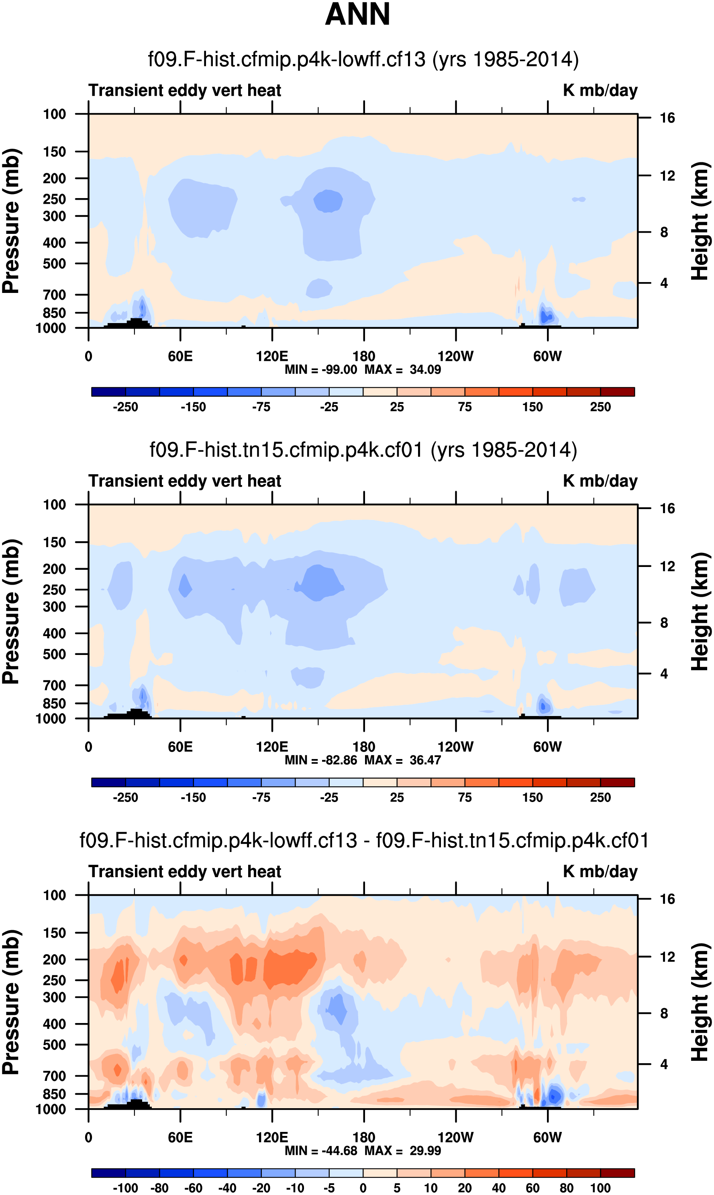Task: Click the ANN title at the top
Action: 357,14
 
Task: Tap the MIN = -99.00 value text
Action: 320,370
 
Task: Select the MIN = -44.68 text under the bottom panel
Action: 320,1150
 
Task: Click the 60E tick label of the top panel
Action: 180,357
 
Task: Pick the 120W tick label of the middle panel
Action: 455,747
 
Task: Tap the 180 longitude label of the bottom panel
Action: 364,1137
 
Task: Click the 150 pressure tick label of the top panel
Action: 54,152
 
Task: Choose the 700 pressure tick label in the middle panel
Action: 54,685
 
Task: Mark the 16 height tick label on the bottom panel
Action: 667,899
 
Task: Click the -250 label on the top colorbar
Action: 125,407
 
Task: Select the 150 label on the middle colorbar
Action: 532,798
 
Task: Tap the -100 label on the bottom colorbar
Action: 125,1188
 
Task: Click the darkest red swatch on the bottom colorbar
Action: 617,1172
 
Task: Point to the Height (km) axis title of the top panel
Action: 700,221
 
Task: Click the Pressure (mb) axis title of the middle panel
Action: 10,611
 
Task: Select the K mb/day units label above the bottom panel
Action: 600,872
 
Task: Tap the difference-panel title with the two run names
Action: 364,840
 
